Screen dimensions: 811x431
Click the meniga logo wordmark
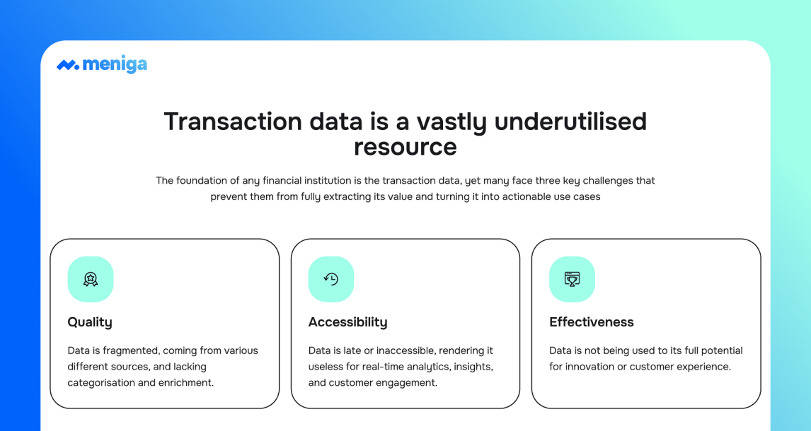coord(115,65)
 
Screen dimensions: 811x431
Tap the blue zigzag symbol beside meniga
coord(68,65)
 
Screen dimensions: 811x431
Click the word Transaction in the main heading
coord(233,122)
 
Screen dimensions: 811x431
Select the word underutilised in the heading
coord(570,122)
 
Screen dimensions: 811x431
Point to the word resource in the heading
coord(405,147)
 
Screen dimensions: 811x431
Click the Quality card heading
coord(90,322)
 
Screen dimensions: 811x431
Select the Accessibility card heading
coord(347,322)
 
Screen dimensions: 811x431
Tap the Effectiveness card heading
coord(591,322)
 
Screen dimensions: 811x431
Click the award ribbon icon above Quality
coord(91,279)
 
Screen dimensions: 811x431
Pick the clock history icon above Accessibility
coord(331,279)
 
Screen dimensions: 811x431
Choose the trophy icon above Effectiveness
coord(572,279)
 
